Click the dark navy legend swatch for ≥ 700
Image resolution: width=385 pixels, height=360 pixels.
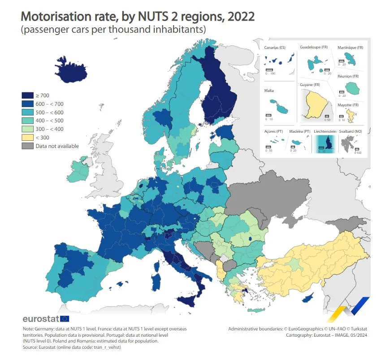click(27, 95)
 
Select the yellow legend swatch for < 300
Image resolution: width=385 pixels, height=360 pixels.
click(27, 137)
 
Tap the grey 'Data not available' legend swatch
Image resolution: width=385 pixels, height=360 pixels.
click(27, 146)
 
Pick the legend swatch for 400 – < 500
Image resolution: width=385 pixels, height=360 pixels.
click(27, 120)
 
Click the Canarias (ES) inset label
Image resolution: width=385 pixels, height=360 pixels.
click(275, 48)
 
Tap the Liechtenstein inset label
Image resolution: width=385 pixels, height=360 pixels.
click(325, 131)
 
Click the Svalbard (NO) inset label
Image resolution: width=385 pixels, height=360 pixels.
click(352, 131)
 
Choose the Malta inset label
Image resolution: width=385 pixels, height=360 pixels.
click(269, 91)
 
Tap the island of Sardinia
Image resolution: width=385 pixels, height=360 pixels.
click(157, 281)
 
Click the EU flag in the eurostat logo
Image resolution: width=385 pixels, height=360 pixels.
click(65, 319)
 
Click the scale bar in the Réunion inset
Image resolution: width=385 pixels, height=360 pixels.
click(342, 91)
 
